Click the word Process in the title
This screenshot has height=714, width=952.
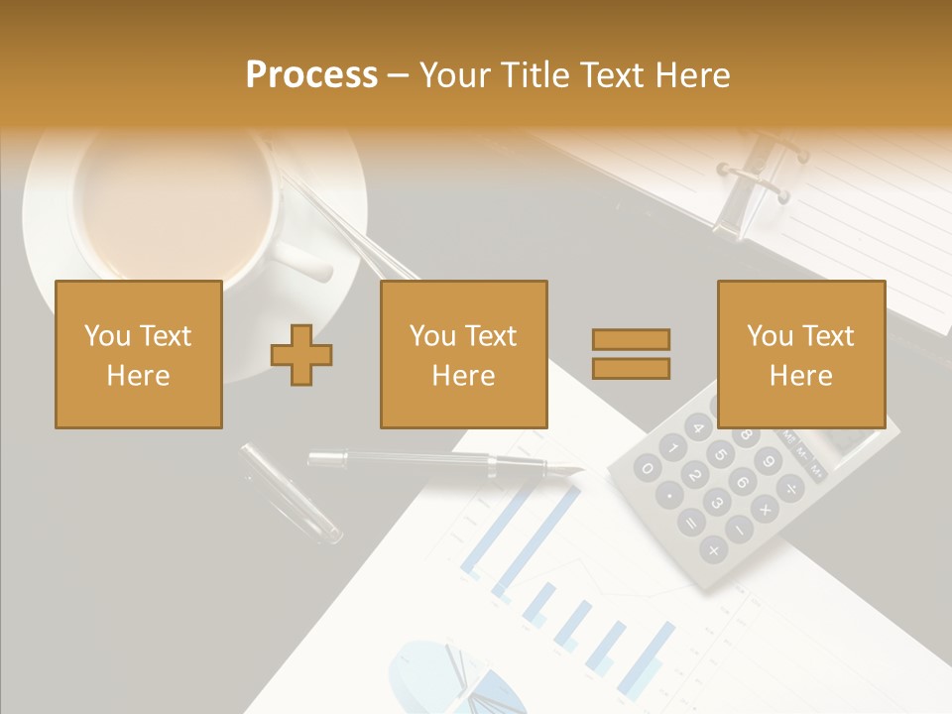311,75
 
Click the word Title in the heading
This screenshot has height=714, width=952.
536,75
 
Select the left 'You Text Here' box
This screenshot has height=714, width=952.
139,354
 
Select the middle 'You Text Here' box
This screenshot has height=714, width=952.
464,354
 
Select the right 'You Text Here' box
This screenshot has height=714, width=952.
801,354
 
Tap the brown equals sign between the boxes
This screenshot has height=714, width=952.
632,354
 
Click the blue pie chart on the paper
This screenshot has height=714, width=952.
436,674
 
